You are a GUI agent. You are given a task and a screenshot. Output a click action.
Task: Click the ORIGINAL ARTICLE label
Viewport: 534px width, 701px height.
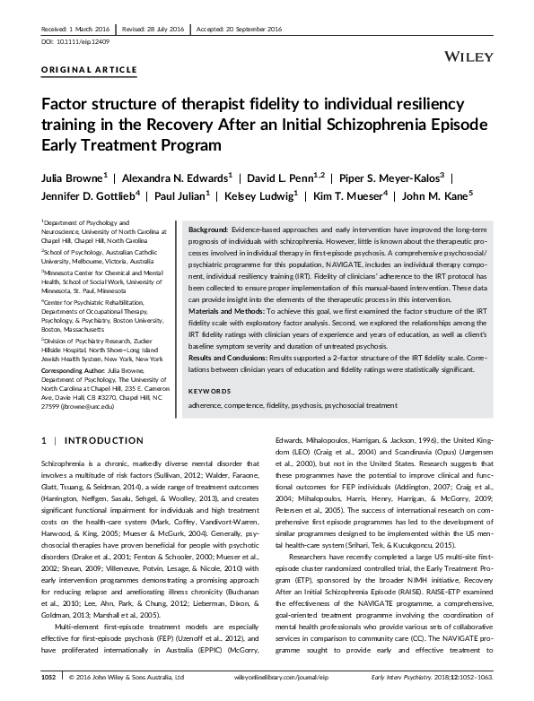click(x=76, y=69)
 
